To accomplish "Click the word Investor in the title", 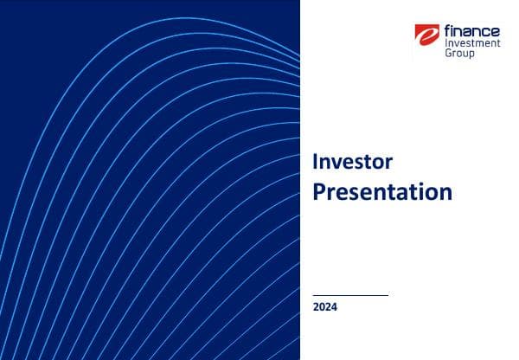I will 352,162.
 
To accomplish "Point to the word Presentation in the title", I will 381,191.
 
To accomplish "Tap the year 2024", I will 325,307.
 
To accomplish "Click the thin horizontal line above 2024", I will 350,295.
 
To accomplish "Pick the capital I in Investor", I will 315,162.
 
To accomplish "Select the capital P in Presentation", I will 318,191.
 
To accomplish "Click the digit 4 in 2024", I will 335,307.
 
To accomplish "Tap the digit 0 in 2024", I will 322,307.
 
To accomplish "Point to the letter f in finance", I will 447,30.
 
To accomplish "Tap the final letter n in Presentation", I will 445,193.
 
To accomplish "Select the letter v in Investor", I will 337,164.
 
